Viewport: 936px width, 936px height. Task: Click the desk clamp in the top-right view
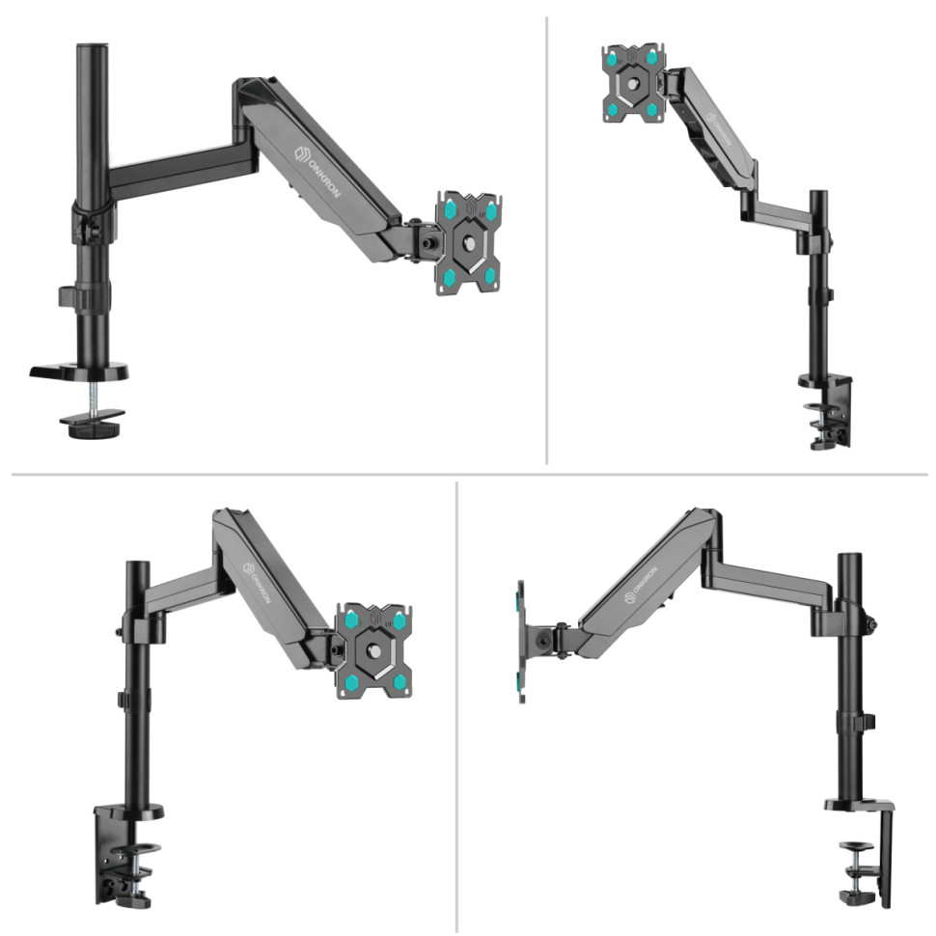point(828,410)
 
